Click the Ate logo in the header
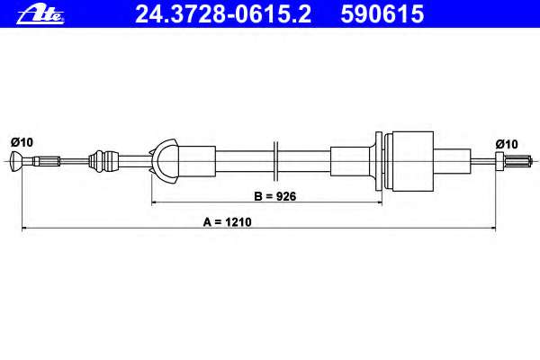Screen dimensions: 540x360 (40, 15)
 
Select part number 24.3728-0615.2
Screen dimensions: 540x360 (223, 14)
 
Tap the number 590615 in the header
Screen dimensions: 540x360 (382, 14)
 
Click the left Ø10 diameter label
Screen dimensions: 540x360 (22, 142)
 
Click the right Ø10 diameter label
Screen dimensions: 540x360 (507, 144)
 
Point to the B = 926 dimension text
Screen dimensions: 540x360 (274, 196)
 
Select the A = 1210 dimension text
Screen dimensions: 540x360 (228, 222)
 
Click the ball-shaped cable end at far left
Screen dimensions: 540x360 (17, 161)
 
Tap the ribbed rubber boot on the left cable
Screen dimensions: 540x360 (103, 161)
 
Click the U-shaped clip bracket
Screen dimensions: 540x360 (165, 161)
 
